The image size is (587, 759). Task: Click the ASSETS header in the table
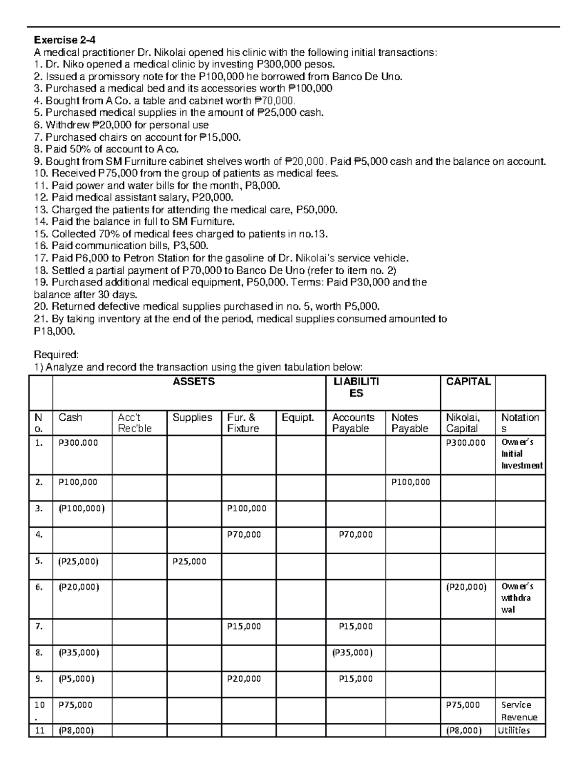pyautogui.click(x=194, y=382)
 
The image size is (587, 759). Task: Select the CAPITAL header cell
pyautogui.click(x=468, y=382)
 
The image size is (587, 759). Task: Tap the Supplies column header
pyautogui.click(x=192, y=417)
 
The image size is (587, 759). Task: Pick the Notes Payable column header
pyautogui.click(x=409, y=423)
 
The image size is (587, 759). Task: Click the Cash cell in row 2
pyautogui.click(x=78, y=482)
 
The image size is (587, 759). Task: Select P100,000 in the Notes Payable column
pyautogui.click(x=411, y=482)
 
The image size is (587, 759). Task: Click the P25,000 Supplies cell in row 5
pyautogui.click(x=190, y=561)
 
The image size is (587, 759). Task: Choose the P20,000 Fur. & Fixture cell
pyautogui.click(x=244, y=678)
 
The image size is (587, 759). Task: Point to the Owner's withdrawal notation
pyautogui.click(x=517, y=598)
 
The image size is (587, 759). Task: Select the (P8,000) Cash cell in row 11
pyautogui.click(x=76, y=730)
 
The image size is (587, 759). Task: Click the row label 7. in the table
pyautogui.click(x=39, y=626)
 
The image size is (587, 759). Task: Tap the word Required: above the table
pyautogui.click(x=55, y=354)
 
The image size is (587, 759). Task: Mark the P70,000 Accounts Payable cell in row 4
pyautogui.click(x=356, y=534)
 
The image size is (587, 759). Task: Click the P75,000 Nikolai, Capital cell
pyautogui.click(x=463, y=705)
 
